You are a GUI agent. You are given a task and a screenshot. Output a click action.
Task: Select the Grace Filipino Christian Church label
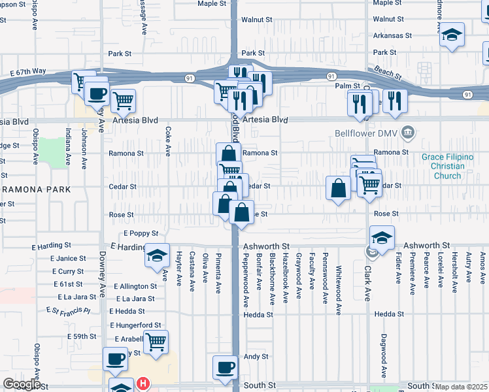447,166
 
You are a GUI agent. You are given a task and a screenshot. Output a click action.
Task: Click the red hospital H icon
142,384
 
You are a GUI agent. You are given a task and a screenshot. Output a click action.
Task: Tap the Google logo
21,385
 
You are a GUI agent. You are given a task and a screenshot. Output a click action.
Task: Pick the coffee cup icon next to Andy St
226,367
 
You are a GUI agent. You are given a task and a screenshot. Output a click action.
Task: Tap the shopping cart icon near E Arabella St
156,342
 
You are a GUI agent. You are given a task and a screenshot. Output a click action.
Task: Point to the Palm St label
348,86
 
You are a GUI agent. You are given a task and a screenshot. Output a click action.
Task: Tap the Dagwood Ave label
383,357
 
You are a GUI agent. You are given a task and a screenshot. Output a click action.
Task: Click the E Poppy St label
141,233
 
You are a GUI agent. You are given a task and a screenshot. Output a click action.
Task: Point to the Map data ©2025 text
460,387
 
